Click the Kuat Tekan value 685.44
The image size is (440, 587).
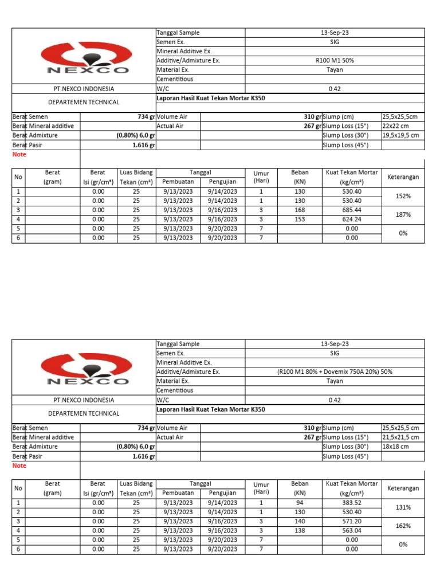[x=352, y=210]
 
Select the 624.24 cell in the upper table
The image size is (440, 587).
[x=352, y=219]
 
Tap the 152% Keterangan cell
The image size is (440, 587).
[x=403, y=196]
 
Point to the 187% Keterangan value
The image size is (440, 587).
[x=403, y=214]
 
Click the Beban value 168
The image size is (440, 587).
[x=300, y=210]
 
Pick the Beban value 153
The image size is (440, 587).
[x=300, y=219]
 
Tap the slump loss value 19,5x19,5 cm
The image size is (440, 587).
[x=400, y=135]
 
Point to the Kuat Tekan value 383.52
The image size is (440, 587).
[x=352, y=503]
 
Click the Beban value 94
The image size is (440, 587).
[x=300, y=503]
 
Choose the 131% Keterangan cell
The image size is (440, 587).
[x=403, y=507]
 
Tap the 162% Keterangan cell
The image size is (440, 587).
[x=403, y=526]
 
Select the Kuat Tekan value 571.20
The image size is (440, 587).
[x=352, y=521]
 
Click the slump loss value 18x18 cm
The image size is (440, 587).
[x=394, y=447]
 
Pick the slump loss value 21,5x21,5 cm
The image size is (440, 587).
[x=400, y=437]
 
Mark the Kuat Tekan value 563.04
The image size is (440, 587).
[x=352, y=530]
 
